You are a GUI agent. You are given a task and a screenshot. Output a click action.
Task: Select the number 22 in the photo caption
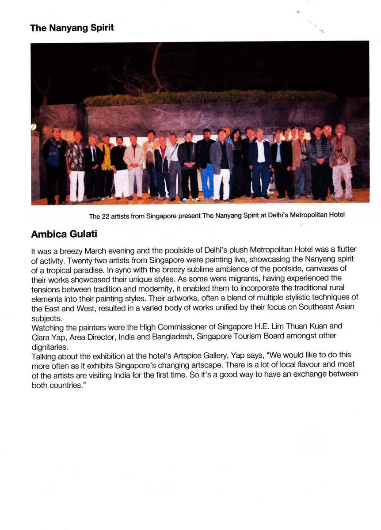[x=107, y=216]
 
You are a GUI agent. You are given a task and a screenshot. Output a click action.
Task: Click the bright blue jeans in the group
[x=207, y=181]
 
